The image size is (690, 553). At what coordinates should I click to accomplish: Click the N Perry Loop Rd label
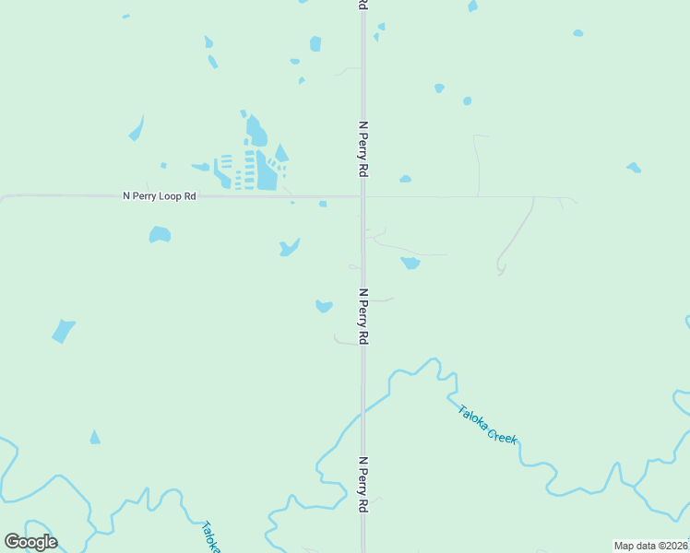tap(160, 196)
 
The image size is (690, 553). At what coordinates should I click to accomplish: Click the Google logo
tap(30, 542)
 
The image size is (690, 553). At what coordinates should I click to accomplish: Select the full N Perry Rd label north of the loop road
tap(363, 148)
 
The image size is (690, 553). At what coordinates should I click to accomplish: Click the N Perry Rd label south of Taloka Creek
tap(363, 485)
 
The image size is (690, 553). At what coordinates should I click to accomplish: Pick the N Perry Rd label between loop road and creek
tap(363, 317)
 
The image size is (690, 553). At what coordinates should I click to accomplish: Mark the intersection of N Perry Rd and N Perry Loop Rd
tap(363, 196)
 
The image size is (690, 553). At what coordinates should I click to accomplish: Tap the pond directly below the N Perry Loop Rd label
tap(160, 234)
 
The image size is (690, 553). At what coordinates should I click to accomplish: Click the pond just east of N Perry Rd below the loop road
tap(410, 264)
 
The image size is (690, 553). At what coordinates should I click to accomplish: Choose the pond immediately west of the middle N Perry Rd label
tap(324, 306)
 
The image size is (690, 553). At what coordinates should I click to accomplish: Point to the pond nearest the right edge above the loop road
tap(634, 168)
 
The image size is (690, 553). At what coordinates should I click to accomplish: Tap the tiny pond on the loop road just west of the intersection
tap(323, 204)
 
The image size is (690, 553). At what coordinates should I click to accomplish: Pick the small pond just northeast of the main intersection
tap(405, 179)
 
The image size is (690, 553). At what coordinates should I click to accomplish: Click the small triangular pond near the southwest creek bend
tap(94, 438)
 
